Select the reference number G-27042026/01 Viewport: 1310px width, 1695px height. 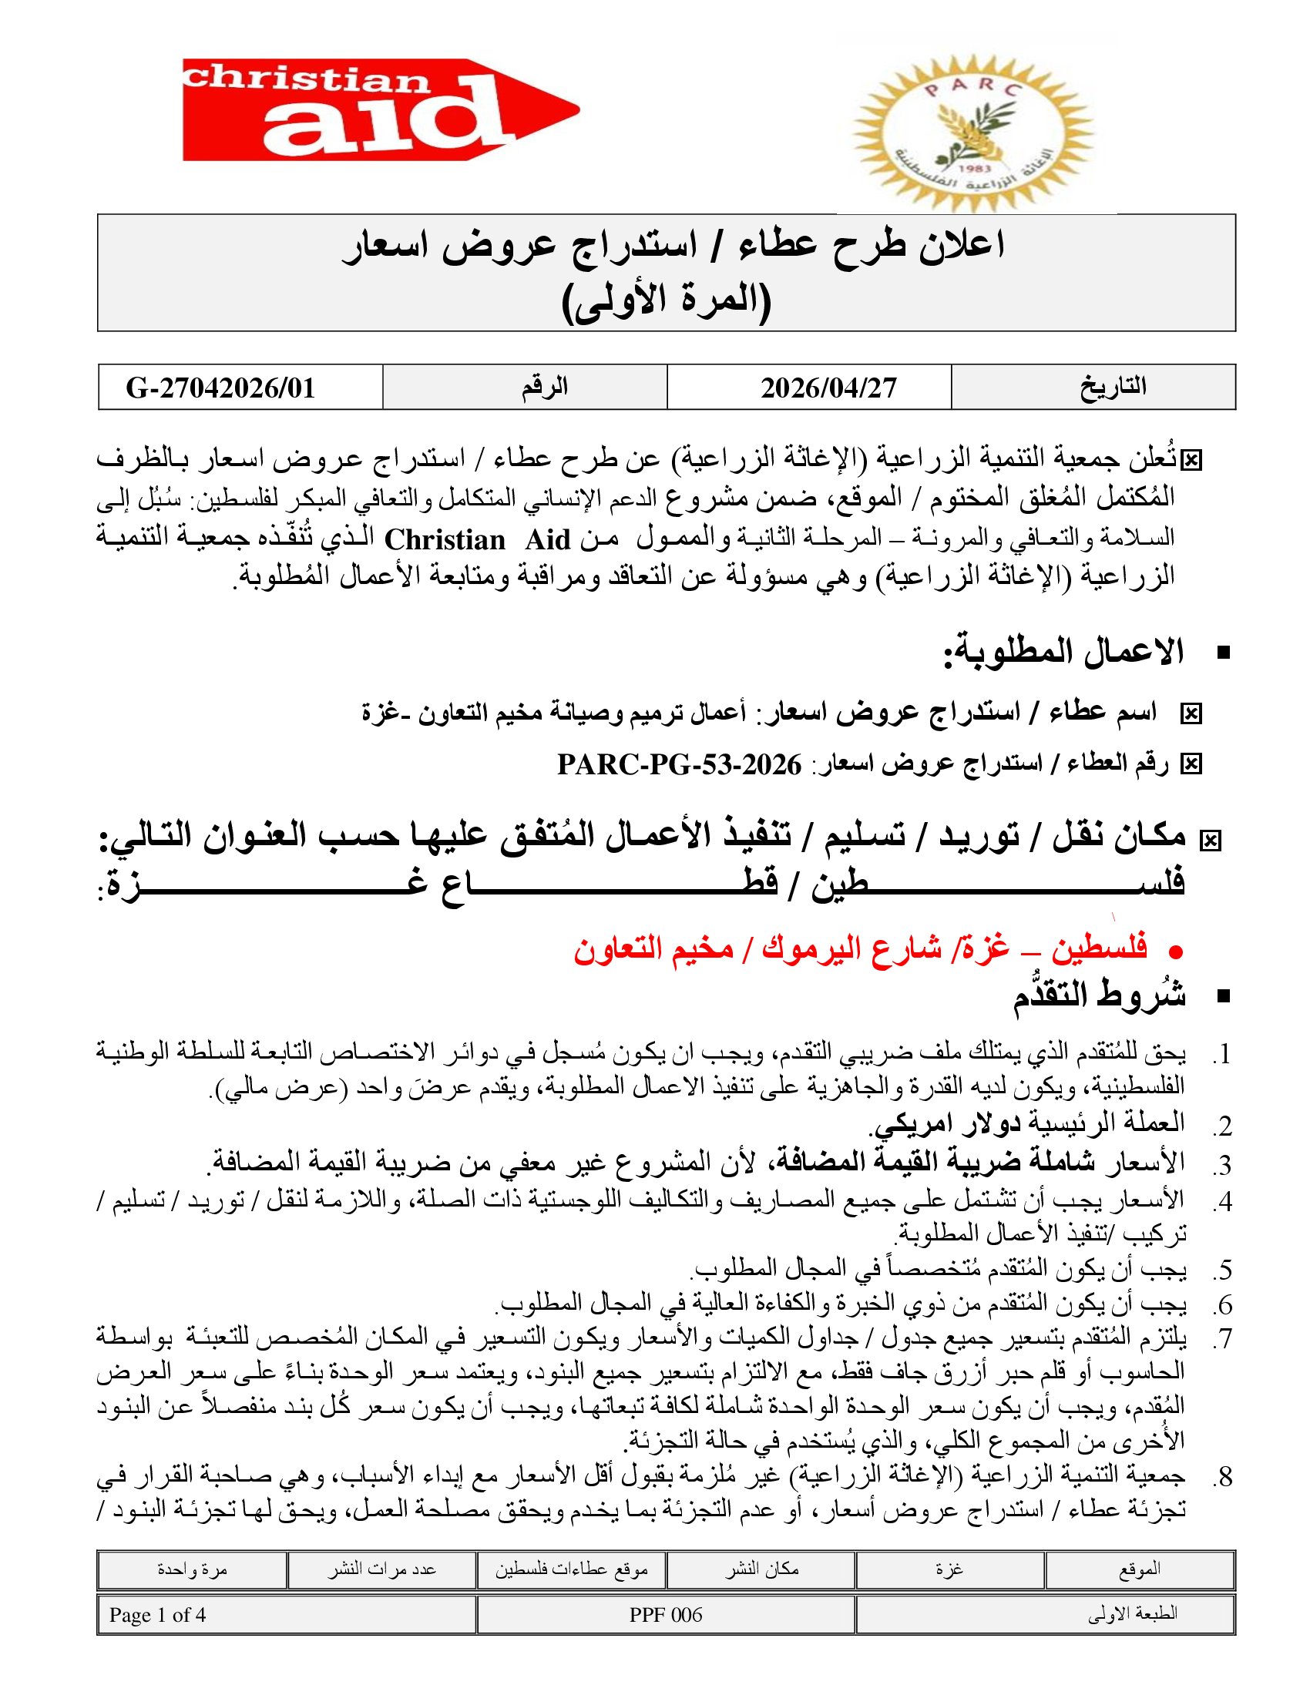(x=220, y=388)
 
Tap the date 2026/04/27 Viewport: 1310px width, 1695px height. (x=828, y=388)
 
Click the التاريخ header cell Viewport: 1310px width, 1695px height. (x=1113, y=387)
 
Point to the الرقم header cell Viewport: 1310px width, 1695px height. (x=544, y=387)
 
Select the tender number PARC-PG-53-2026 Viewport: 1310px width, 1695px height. (x=679, y=765)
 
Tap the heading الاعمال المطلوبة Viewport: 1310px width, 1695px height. (x=1063, y=653)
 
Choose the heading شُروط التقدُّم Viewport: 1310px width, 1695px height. (x=1099, y=995)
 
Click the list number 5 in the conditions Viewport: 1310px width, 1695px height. (x=1224, y=1270)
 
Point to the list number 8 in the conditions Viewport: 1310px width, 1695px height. (x=1224, y=1478)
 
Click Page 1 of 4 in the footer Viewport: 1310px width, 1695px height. (x=157, y=1615)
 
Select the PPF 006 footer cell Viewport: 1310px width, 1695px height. (x=665, y=1615)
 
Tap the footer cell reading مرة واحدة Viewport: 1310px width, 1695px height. (x=192, y=1569)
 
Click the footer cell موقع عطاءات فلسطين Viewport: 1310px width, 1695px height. (x=571, y=1569)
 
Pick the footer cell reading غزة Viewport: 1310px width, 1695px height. (x=949, y=1569)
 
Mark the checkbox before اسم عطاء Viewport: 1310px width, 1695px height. (x=1191, y=713)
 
